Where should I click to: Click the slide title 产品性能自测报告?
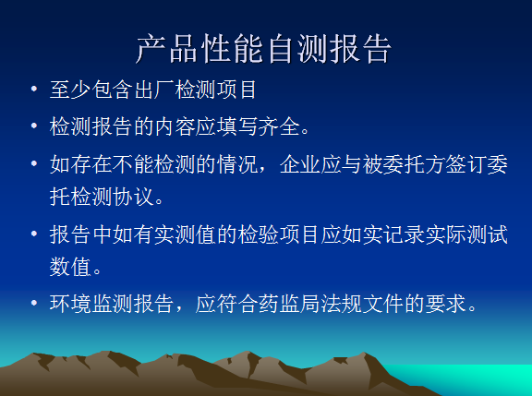tap(264, 49)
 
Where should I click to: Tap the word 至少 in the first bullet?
tap(70, 90)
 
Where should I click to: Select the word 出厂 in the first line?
tap(154, 90)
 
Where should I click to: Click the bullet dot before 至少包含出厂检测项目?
tap(34, 90)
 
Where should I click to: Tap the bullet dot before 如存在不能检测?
tap(34, 163)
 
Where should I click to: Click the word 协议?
tap(133, 197)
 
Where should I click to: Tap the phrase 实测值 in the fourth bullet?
tap(186, 234)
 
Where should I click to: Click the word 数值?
tap(70, 267)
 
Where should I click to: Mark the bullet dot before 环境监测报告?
tap(34, 303)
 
